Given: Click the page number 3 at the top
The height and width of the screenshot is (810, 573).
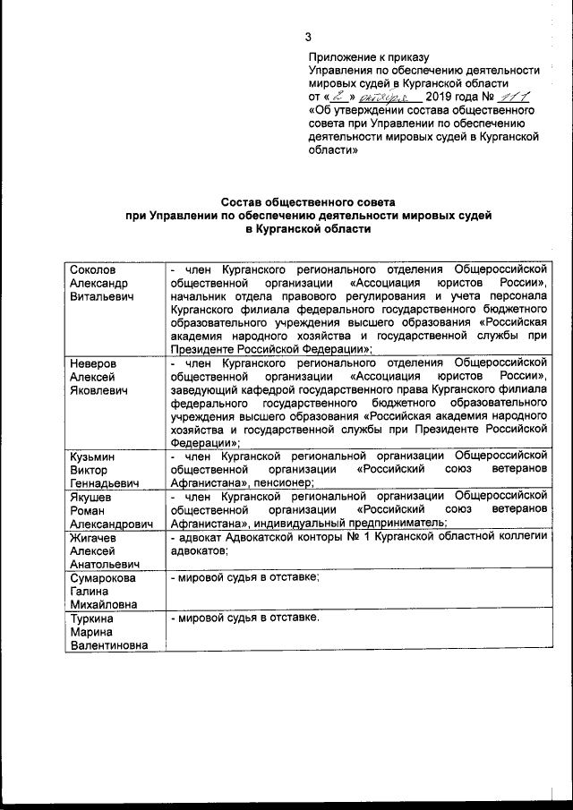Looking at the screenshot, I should pyautogui.click(x=309, y=37).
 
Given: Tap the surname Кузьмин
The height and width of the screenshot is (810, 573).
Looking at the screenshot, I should pyautogui.click(x=94, y=456).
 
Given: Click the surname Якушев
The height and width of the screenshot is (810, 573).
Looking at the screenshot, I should pyautogui.click(x=93, y=495).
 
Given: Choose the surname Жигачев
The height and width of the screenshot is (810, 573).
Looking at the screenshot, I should pyautogui.click(x=96, y=537).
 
